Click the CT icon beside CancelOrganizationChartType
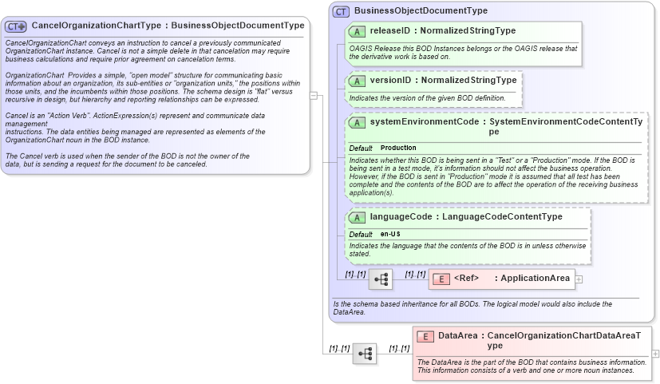pyautogui.click(x=16, y=26)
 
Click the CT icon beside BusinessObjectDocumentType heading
pyautogui.click(x=341, y=11)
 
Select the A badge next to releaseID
pyautogui.click(x=358, y=31)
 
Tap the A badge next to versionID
pyautogui.click(x=358, y=81)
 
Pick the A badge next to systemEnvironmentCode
pyautogui.click(x=358, y=123)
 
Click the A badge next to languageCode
pyautogui.click(x=358, y=217)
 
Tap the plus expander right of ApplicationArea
pyautogui.click(x=579, y=279)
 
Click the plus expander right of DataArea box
pyautogui.click(x=655, y=353)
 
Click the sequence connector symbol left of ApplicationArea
pyautogui.click(x=381, y=279)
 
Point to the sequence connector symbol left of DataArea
pyautogui.click(x=365, y=354)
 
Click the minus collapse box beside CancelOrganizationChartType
pyautogui.click(x=314, y=96)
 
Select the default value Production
pyautogui.click(x=398, y=148)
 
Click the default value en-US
pyautogui.click(x=390, y=234)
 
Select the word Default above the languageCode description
pyautogui.click(x=361, y=234)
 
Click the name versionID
pyautogui.click(x=390, y=81)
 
